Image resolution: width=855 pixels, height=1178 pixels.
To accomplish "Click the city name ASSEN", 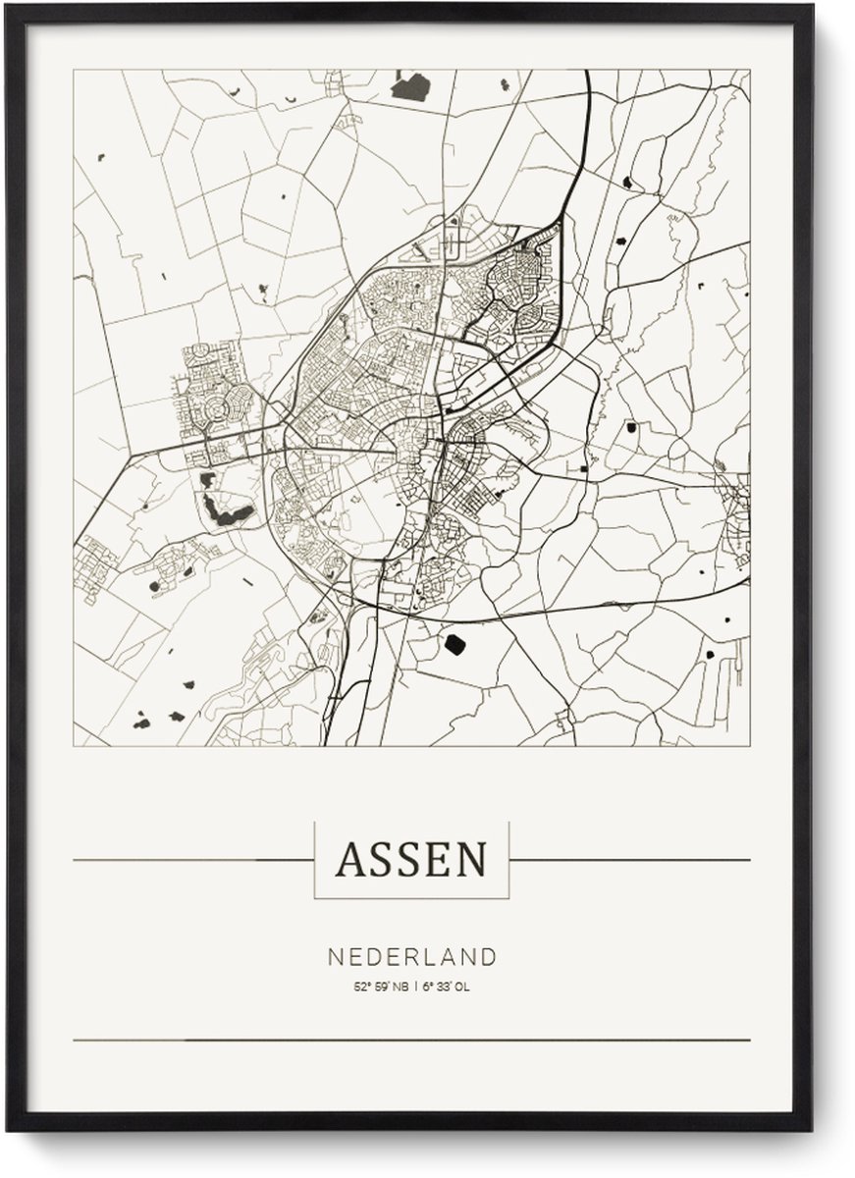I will point(411,860).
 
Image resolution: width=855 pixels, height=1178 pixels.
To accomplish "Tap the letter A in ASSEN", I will point(349,860).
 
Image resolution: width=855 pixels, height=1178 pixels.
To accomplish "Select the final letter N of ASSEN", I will point(470,860).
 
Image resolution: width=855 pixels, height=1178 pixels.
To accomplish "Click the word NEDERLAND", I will point(411,956).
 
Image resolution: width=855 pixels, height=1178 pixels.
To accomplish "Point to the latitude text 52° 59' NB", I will point(379,988).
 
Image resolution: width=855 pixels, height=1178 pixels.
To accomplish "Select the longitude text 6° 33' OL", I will point(448,988).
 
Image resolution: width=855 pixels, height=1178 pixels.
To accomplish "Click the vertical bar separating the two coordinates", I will point(415,988).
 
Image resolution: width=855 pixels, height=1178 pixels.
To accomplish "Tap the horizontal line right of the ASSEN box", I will point(628,860).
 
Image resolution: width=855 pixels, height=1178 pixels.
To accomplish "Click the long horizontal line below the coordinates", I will point(411,1040).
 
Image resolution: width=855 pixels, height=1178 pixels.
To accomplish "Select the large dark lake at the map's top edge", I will point(410,86).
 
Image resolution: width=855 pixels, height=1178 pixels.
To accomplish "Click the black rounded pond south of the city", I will point(454,644).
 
